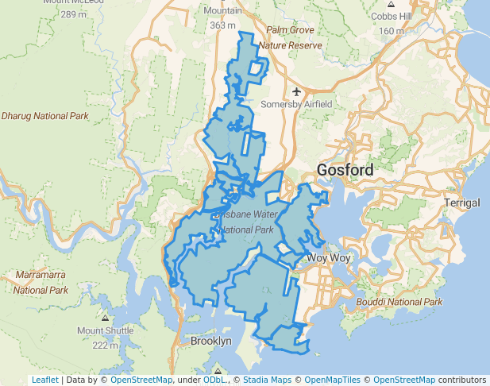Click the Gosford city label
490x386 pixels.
click(x=345, y=170)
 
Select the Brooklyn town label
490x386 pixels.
click(x=211, y=341)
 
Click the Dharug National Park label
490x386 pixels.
click(x=44, y=116)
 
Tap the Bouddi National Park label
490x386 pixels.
click(x=399, y=302)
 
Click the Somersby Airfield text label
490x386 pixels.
click(x=296, y=105)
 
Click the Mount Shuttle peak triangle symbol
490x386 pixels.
click(x=106, y=318)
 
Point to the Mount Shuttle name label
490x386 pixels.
click(x=106, y=330)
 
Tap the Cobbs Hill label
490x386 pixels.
click(x=390, y=17)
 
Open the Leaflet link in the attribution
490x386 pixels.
click(x=44, y=380)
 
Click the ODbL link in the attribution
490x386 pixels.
click(x=214, y=380)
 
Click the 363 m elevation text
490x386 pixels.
click(x=223, y=25)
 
